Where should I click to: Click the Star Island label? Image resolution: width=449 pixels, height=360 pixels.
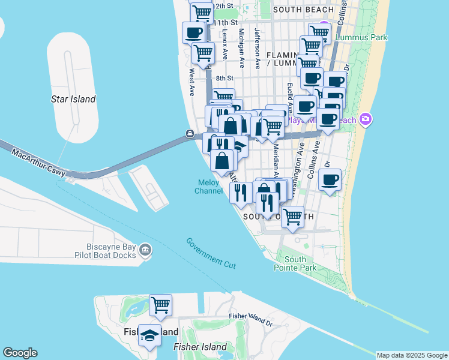tap(74, 99)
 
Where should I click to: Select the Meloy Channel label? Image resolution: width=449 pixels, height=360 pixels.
tap(208, 187)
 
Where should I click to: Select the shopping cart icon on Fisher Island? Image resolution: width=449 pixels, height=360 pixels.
tap(160, 305)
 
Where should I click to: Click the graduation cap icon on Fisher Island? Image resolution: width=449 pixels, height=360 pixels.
tap(149, 335)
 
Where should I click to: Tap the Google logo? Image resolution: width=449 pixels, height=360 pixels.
tap(20, 353)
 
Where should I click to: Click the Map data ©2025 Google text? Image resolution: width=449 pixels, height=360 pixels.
tap(411, 355)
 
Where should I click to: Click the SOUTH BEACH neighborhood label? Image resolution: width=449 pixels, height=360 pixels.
tap(303, 10)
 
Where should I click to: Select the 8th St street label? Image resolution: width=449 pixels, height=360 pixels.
tap(224, 78)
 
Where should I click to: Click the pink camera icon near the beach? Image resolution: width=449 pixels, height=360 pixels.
tap(365, 119)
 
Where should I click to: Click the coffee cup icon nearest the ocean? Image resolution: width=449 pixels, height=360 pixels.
tap(330, 179)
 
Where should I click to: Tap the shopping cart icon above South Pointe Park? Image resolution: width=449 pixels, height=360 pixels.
tap(292, 217)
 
